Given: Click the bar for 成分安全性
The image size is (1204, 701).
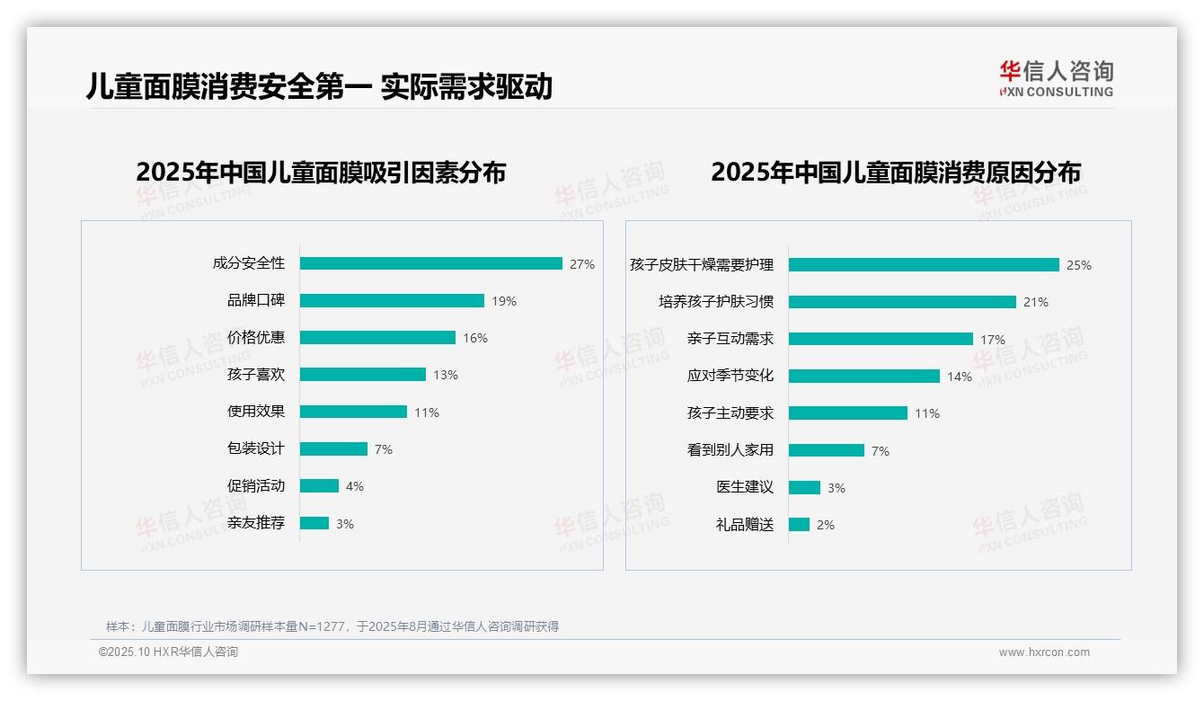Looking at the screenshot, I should coord(430,263).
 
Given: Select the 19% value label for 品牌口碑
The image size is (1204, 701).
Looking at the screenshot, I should coord(504,301).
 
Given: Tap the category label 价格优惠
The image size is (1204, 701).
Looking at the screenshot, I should coord(256,337).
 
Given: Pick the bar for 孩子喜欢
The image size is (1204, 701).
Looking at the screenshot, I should coord(362,374).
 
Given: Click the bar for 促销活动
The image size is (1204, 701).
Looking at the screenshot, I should coord(319,485).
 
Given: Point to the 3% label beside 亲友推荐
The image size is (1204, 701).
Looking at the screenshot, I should coord(345,523).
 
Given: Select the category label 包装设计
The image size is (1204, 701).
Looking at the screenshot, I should coord(256,448).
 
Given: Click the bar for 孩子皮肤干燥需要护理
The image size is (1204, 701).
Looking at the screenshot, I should coord(924,264).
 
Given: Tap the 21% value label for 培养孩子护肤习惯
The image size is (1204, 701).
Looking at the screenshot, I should coord(1036,302).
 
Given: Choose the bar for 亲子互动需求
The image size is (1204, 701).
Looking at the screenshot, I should coord(881,339).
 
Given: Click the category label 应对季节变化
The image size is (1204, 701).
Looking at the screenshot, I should coord(730,376).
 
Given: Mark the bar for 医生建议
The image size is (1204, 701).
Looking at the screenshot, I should coord(804,487).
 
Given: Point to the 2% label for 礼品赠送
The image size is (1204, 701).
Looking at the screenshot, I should coord(826,524).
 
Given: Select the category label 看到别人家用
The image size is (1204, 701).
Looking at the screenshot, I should coord(730,449).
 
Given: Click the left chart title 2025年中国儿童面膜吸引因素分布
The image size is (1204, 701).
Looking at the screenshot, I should coord(321,172).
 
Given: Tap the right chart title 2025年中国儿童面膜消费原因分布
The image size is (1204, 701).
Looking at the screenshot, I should coord(895,172).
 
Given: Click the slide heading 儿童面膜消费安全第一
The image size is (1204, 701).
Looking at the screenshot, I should coord(228,86).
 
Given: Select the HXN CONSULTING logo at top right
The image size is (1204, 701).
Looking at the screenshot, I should coord(1056,79).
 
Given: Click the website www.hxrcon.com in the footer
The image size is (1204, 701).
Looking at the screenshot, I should coord(1044,652).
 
